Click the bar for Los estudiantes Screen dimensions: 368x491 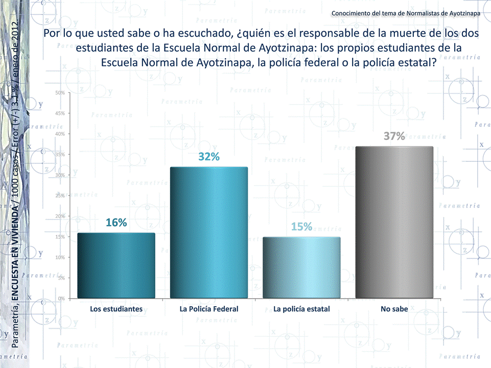click(x=116, y=265)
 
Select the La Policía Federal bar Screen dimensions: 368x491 click(x=209, y=232)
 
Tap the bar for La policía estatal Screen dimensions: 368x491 click(x=301, y=267)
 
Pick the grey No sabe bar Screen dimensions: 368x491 click(x=394, y=222)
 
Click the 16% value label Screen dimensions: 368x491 click(x=116, y=223)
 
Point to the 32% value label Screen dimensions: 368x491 click(x=209, y=157)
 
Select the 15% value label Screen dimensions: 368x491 click(x=301, y=227)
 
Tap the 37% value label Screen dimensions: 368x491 click(x=394, y=136)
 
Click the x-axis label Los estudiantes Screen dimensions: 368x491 click(x=116, y=309)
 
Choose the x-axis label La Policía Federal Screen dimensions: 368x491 click(x=209, y=309)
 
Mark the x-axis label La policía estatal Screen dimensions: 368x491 click(x=301, y=309)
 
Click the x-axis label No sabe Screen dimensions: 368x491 click(x=394, y=309)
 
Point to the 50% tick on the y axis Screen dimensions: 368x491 click(x=60, y=93)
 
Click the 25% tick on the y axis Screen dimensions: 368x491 click(x=60, y=195)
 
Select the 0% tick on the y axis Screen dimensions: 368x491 click(x=61, y=298)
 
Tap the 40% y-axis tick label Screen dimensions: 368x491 click(x=60, y=134)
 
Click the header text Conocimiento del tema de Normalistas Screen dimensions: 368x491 click(x=406, y=13)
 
